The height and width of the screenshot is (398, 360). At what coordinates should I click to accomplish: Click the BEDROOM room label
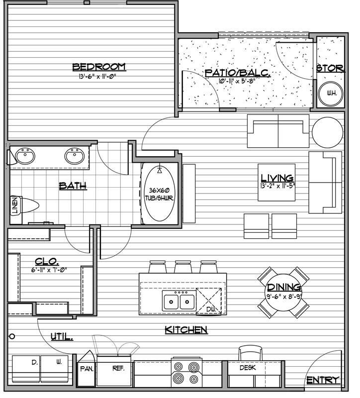point(99,67)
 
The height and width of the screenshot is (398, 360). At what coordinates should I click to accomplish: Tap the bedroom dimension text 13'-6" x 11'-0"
point(98,76)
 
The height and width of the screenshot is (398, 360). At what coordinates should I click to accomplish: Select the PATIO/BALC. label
point(238,73)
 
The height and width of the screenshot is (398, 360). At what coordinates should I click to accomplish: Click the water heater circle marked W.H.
point(331,94)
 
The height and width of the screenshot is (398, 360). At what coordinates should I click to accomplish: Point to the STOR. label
point(331,68)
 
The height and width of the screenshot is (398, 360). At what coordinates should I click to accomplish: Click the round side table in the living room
point(327,132)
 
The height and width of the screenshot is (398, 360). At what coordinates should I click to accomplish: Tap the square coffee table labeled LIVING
point(276,182)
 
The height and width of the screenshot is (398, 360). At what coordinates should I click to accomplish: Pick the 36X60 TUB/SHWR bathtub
point(159,194)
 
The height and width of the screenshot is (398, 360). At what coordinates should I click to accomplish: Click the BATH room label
point(73,186)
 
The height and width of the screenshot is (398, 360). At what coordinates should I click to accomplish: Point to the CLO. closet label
point(47,261)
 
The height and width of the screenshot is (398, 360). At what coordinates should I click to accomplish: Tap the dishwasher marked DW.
point(209,301)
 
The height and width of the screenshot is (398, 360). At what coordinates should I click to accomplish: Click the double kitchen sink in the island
point(179,301)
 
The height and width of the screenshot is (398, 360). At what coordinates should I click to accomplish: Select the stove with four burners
point(187,373)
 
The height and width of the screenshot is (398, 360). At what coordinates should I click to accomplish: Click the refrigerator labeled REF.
point(114,371)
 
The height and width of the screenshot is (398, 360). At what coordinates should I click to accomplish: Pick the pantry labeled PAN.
point(86,369)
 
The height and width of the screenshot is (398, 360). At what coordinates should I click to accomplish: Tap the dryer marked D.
point(26,369)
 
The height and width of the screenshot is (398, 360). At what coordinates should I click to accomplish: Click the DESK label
point(248,368)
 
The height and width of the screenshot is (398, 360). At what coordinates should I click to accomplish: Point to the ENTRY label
point(323,380)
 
